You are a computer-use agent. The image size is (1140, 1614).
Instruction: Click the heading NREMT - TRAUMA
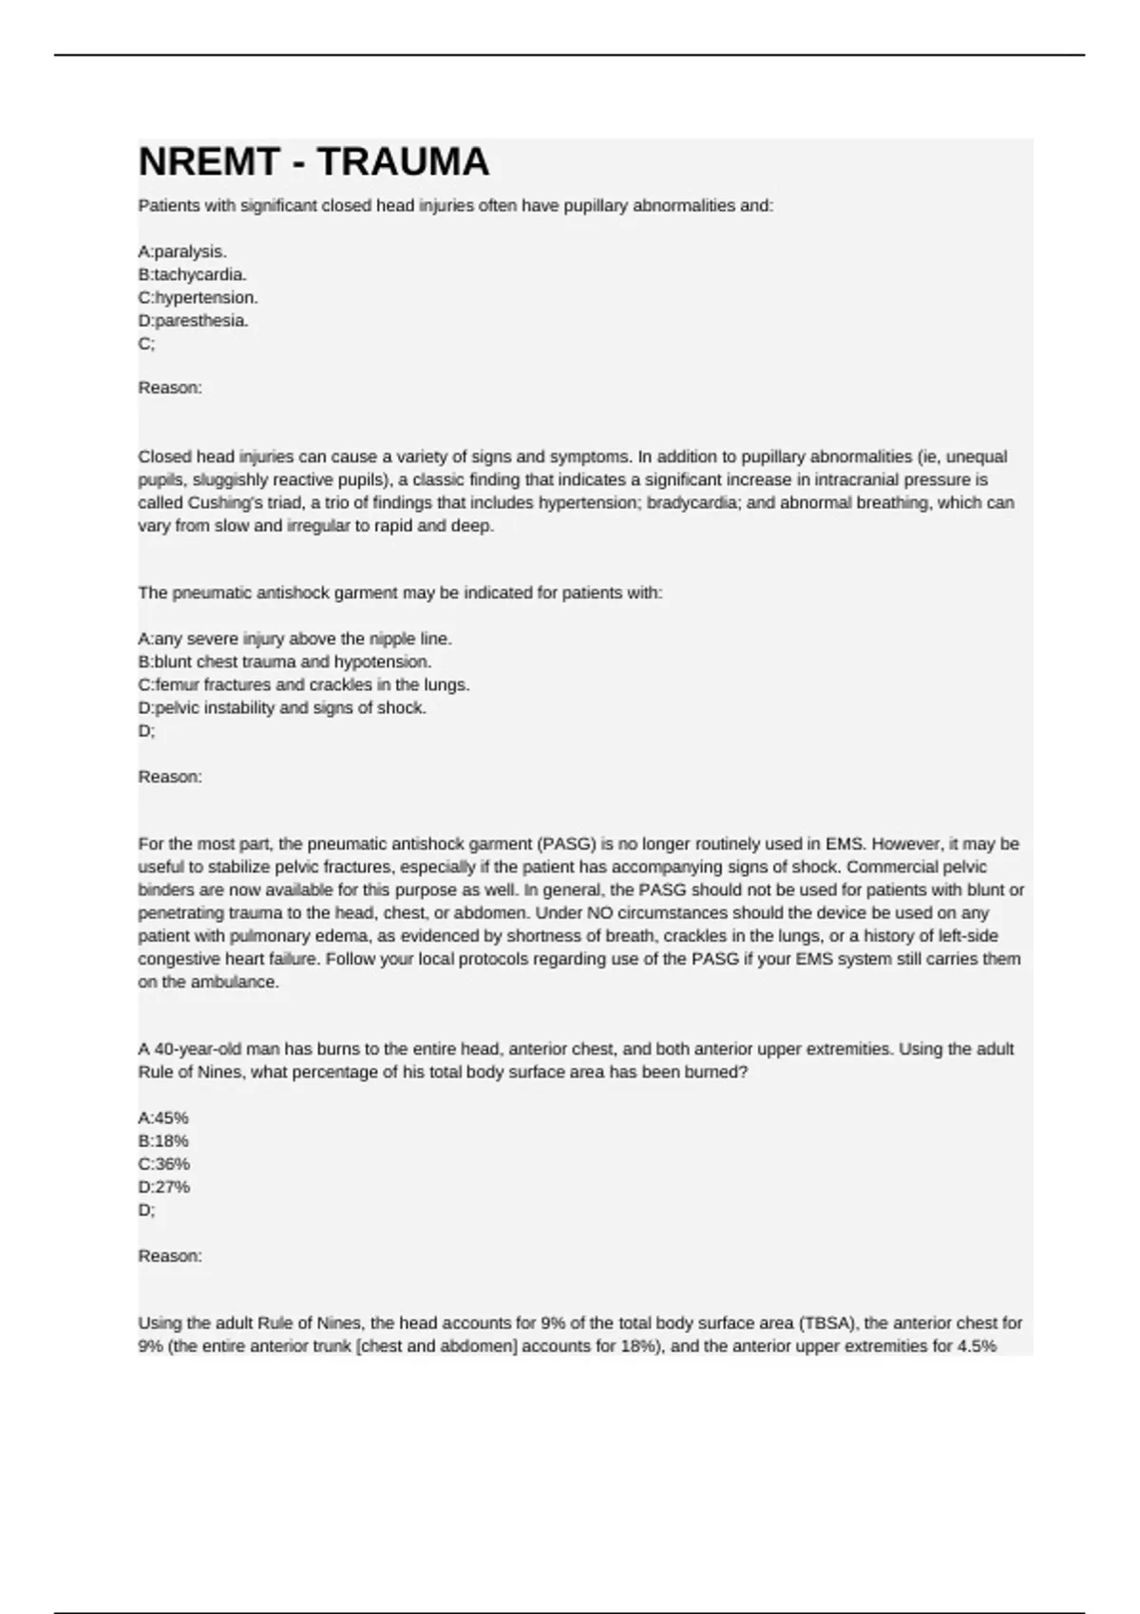[313, 162]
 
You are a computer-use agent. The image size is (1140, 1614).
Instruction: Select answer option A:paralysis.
[182, 252]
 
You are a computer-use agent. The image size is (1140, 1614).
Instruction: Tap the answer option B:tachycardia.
[192, 274]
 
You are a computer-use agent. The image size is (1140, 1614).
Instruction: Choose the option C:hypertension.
[198, 297]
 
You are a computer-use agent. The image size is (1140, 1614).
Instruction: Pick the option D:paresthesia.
[193, 321]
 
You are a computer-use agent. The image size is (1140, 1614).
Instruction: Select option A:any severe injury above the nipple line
[294, 639]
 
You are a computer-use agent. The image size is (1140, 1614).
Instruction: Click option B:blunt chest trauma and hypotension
[284, 662]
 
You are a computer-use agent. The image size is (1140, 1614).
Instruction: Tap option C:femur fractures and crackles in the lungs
[304, 685]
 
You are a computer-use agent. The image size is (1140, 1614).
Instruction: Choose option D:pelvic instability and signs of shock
[282, 707]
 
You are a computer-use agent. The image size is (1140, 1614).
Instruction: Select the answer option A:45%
[163, 1117]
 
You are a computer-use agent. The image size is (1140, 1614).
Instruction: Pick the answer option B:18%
[163, 1140]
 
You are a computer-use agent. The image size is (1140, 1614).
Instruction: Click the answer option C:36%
[163, 1164]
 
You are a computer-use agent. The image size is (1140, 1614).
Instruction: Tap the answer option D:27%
[163, 1187]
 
